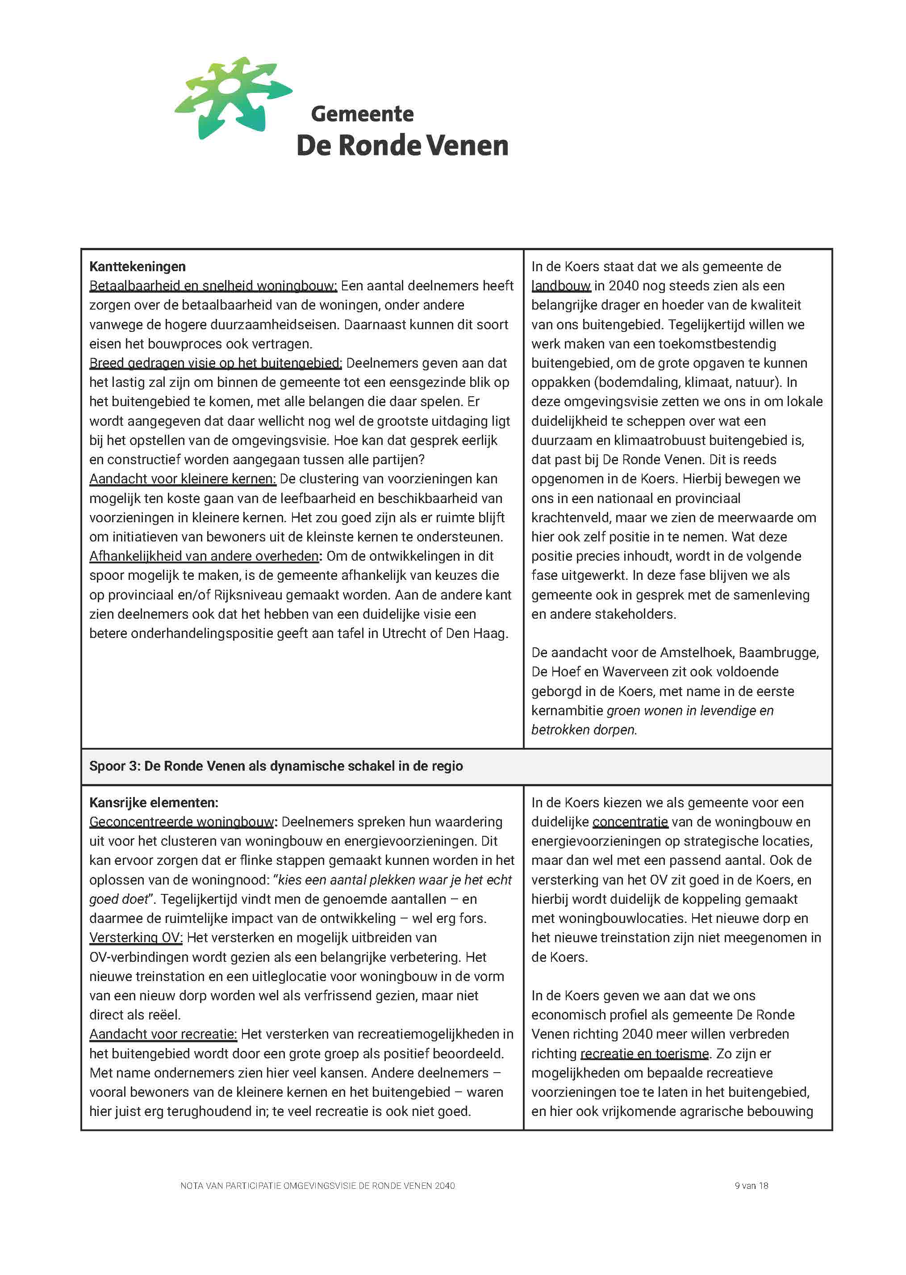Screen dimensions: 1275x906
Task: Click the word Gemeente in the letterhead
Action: point(362,114)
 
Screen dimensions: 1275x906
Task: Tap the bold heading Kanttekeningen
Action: point(137,267)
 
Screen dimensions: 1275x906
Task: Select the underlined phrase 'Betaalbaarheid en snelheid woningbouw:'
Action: point(213,285)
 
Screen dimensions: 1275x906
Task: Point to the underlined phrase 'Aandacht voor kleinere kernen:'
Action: point(183,479)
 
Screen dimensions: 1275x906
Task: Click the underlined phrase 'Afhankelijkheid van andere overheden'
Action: point(204,556)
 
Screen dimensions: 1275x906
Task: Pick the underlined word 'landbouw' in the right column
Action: point(561,285)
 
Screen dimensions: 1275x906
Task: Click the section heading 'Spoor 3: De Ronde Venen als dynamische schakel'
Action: point(276,766)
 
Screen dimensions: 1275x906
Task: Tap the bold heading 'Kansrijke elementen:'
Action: point(154,802)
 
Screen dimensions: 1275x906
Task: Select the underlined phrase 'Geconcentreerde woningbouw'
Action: point(182,822)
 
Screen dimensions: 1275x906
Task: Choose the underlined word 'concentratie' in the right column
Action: point(630,822)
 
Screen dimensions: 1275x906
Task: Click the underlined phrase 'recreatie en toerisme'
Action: point(644,1053)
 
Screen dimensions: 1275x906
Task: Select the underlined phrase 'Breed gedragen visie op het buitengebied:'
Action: point(215,363)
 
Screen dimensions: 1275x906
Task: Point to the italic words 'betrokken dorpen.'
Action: point(584,730)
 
